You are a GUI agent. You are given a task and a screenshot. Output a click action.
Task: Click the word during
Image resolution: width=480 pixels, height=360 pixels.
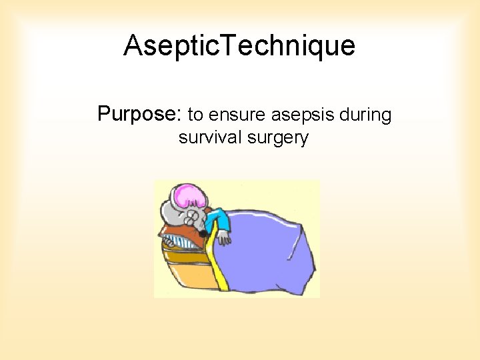click(366, 115)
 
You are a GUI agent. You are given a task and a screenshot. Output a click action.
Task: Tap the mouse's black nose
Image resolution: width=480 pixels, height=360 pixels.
click(202, 234)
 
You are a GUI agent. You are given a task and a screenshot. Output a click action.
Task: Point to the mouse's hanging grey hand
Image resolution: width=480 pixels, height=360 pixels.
click(226, 238)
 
